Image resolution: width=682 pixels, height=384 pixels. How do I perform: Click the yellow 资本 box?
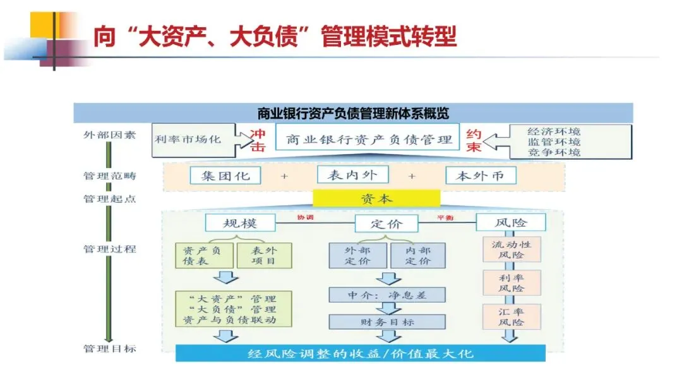376,199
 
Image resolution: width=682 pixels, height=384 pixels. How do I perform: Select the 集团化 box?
225,176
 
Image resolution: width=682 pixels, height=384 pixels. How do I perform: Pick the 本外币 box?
480,176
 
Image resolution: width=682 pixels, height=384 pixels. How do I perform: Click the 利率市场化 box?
188,138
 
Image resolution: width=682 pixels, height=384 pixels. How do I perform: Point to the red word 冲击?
258,140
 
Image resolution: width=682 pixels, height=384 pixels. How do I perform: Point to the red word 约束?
474,140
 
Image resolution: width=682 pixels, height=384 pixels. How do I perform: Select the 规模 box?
240,222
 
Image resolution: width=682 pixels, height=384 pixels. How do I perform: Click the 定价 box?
386,224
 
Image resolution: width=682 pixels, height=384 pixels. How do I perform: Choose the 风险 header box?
511,222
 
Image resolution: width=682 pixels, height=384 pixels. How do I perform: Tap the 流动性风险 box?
512,249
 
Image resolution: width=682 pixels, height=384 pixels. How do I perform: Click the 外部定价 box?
357,255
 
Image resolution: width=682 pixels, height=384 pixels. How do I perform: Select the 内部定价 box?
417,255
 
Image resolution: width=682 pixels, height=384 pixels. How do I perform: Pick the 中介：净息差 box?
387,294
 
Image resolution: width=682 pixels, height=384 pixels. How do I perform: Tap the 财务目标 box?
387,321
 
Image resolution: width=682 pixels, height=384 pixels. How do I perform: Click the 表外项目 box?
265,255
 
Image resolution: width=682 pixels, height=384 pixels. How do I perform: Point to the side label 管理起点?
109,198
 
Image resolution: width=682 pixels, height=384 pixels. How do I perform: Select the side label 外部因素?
109,135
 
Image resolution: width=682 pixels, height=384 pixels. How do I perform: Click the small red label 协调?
306,218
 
